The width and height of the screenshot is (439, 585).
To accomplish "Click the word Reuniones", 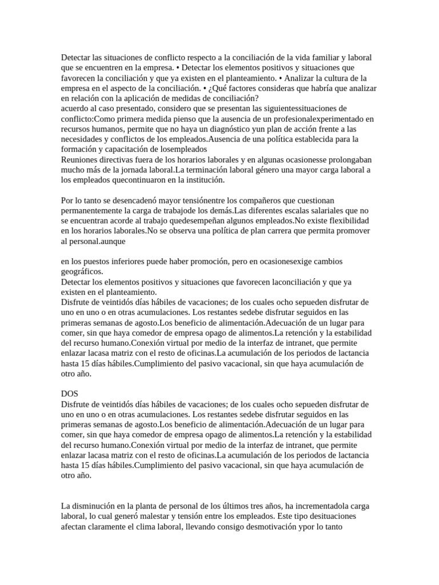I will [79, 159].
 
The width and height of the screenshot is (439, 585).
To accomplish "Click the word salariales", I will [316, 210].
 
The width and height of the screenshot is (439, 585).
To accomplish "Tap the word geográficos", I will [82, 272].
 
